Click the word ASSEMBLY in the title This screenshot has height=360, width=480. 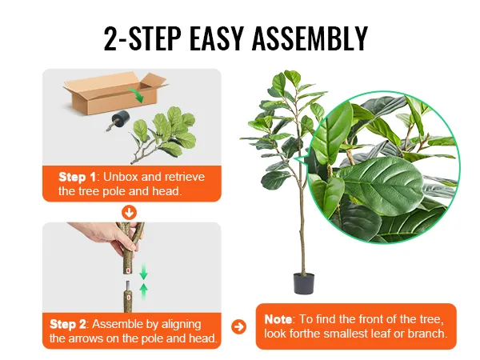310,38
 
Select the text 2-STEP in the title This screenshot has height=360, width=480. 142,38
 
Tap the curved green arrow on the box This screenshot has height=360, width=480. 135,94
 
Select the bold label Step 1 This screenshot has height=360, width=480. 77,177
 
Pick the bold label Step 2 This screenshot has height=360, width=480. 68,324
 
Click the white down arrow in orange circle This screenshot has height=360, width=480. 129,213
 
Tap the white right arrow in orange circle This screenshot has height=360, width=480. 238,326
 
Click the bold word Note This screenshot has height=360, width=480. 278,319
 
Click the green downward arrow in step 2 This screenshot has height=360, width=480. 143,270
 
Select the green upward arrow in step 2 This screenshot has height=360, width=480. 143,291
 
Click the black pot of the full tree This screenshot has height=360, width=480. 304,283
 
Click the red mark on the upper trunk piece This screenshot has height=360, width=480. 127,270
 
